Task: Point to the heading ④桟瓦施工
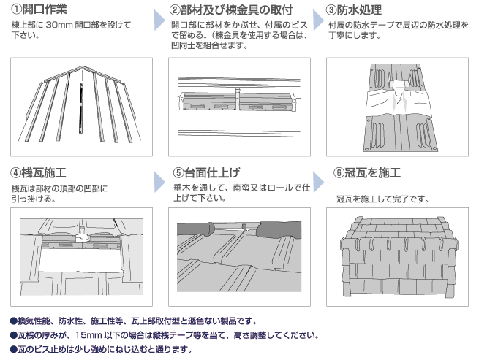(x=38, y=173)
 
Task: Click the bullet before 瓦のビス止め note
(x=13, y=349)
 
